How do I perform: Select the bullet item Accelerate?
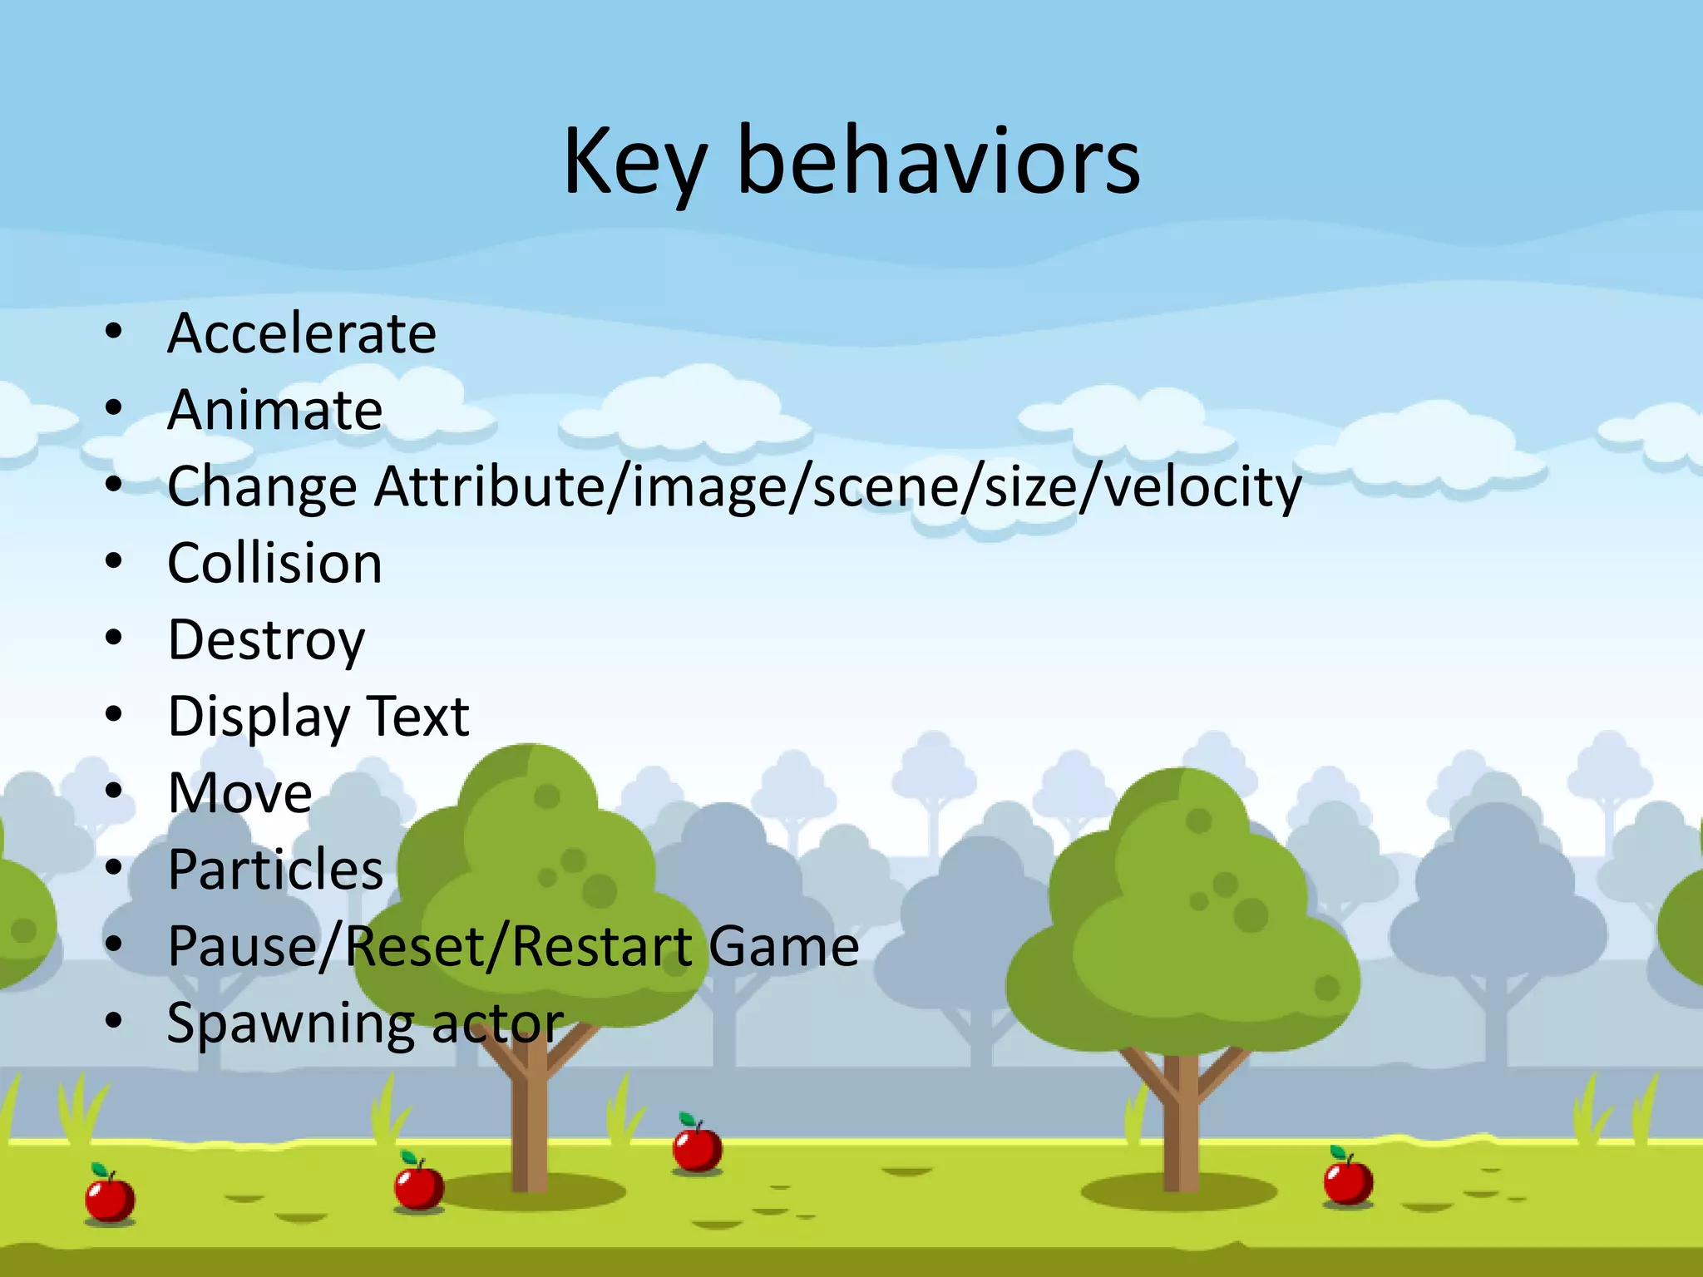(301, 333)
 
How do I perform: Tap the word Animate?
(274, 410)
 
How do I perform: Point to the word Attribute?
(491, 486)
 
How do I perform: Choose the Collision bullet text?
(274, 564)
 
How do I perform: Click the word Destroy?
(266, 641)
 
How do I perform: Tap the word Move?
(239, 793)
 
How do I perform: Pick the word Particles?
(275, 870)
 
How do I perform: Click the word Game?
(783, 947)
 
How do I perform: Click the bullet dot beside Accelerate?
(114, 333)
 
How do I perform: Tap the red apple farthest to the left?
(110, 1197)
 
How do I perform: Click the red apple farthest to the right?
(1348, 1181)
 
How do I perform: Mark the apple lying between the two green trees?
(697, 1147)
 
